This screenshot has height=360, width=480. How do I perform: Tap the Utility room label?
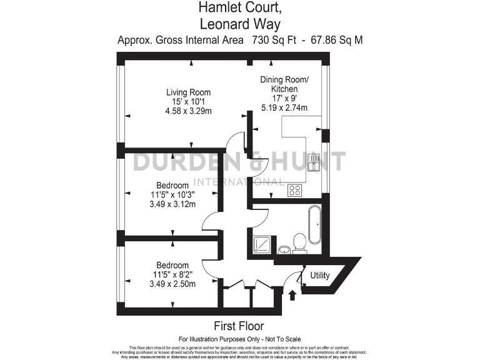(319, 276)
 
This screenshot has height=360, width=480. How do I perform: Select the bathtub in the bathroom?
(314, 226)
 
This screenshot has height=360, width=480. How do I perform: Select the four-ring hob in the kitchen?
(295, 190)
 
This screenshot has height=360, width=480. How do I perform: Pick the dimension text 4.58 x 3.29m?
(188, 112)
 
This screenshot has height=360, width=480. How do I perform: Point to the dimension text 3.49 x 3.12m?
(172, 204)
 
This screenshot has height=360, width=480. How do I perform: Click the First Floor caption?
(239, 326)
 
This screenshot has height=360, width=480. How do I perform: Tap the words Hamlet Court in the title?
(239, 8)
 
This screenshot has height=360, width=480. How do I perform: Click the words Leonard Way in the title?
(239, 24)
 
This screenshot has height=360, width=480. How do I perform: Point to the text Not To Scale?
(280, 337)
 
